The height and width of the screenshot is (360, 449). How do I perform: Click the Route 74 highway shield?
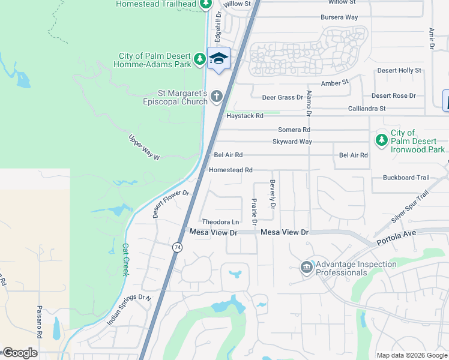[177, 247]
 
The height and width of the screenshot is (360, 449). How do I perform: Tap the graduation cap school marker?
[219, 59]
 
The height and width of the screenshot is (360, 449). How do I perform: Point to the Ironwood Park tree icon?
[381, 140]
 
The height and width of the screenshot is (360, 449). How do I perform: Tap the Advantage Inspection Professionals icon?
[306, 267]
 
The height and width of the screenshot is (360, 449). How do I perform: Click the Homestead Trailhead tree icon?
[206, 4]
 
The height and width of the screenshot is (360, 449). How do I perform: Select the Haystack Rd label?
[244, 116]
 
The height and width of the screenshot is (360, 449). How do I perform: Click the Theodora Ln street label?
[220, 222]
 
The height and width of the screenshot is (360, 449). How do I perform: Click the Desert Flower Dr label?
[171, 204]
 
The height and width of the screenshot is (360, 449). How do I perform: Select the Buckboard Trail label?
[406, 178]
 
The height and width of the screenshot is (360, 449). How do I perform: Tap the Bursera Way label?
[339, 17]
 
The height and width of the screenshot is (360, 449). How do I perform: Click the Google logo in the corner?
[20, 353]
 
